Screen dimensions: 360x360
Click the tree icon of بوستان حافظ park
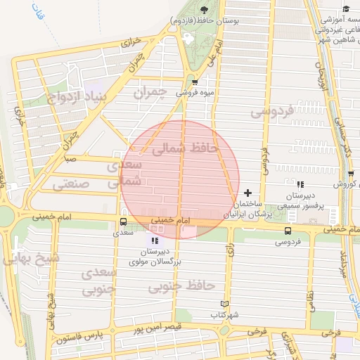(204, 10)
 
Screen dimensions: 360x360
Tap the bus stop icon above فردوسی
(287, 231)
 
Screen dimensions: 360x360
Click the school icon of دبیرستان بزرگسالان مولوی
(155, 241)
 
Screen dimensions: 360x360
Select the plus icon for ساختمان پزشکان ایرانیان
(247, 193)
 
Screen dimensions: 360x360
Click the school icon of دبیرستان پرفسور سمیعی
(300, 184)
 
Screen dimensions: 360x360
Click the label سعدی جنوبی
(98, 281)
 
